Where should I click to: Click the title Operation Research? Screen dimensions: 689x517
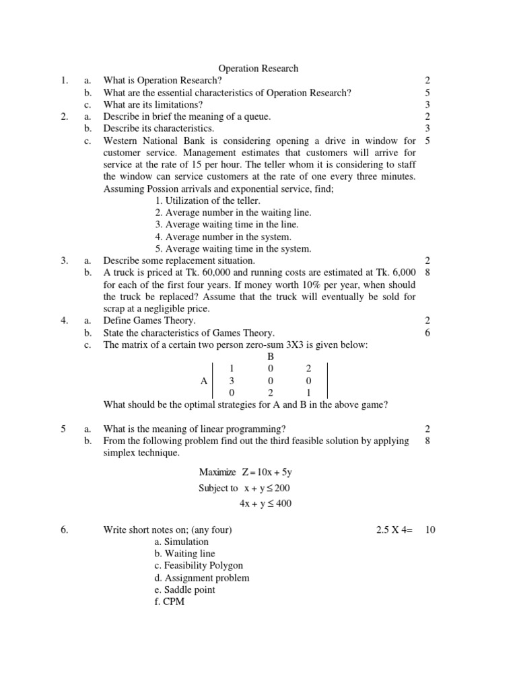tap(258, 69)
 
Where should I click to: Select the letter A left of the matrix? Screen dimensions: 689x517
tap(205, 381)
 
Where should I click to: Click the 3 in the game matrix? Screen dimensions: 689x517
tap(232, 381)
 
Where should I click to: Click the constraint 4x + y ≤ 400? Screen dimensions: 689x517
tap(266, 503)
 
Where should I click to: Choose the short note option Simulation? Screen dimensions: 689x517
tap(181, 542)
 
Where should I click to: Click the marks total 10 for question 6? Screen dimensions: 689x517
tap(430, 530)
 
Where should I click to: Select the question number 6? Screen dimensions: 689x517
tap(65, 530)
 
